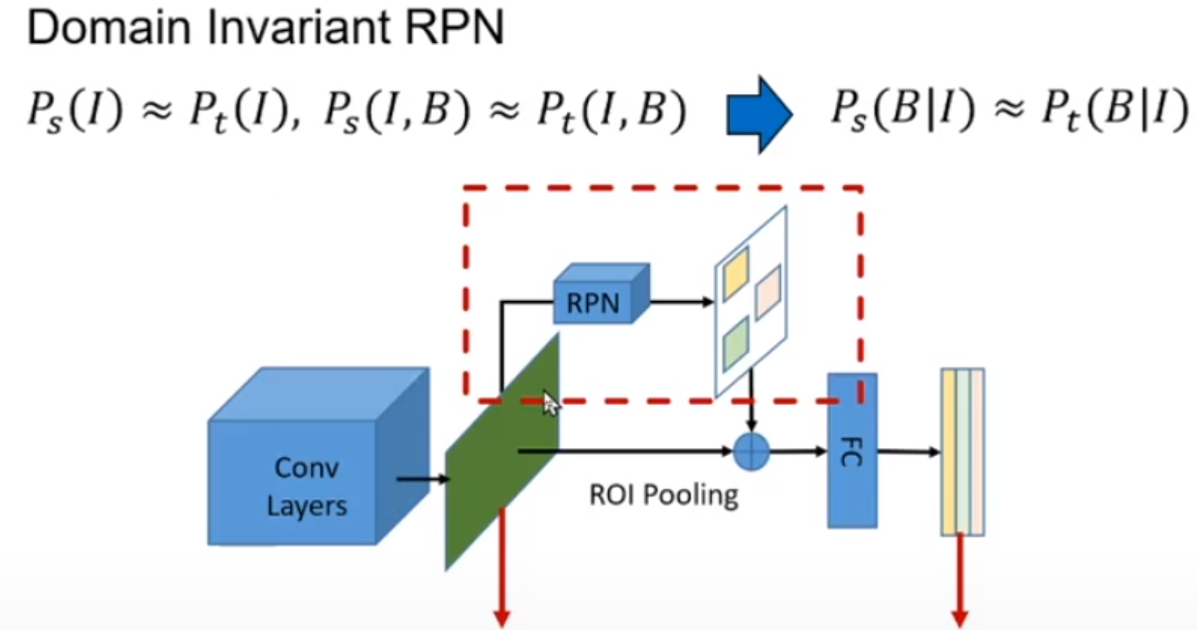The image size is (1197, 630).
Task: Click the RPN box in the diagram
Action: [x=595, y=301]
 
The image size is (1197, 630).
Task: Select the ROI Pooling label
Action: [x=663, y=495]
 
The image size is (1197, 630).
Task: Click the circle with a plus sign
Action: [x=751, y=452]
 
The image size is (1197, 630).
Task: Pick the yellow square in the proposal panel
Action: [x=736, y=273]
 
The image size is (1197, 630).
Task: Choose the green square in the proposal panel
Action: [x=736, y=343]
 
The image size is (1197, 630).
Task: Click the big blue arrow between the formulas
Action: [x=759, y=114]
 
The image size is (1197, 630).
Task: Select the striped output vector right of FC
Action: [x=962, y=452]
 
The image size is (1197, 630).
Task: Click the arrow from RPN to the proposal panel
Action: [x=681, y=303]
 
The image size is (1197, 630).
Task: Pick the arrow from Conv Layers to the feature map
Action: [x=422, y=479]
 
